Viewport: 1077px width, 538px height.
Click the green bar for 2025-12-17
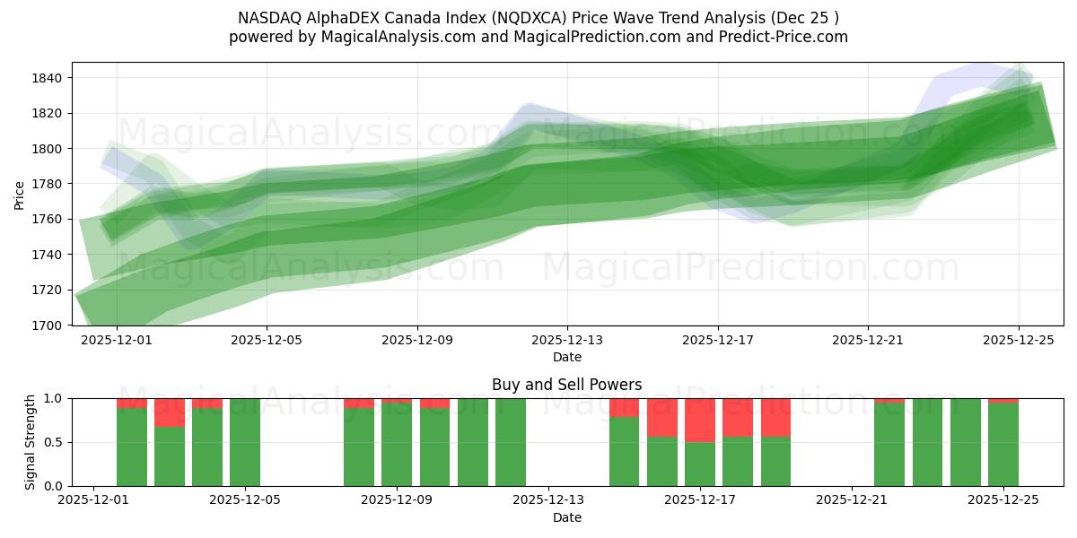tap(700, 464)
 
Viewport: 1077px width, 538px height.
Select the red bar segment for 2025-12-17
tap(700, 420)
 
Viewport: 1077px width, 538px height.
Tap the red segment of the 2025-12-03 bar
tap(170, 412)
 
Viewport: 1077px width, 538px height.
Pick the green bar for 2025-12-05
tap(245, 442)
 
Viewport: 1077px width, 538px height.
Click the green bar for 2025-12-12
tap(511, 442)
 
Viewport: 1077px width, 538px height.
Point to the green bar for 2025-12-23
tap(927, 442)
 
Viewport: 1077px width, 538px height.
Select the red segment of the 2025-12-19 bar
tap(775, 417)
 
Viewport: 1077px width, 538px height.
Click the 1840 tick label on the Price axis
tap(47, 78)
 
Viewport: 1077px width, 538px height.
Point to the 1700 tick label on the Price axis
tap(47, 325)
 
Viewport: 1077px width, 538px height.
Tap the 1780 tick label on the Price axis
tap(47, 184)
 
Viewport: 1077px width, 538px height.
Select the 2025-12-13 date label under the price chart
tap(567, 341)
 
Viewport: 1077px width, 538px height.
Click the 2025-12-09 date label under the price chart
tap(417, 341)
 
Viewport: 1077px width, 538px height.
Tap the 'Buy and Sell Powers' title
tap(566, 385)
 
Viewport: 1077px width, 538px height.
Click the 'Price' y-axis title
tap(20, 194)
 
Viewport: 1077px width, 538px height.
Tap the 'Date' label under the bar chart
tap(566, 517)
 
